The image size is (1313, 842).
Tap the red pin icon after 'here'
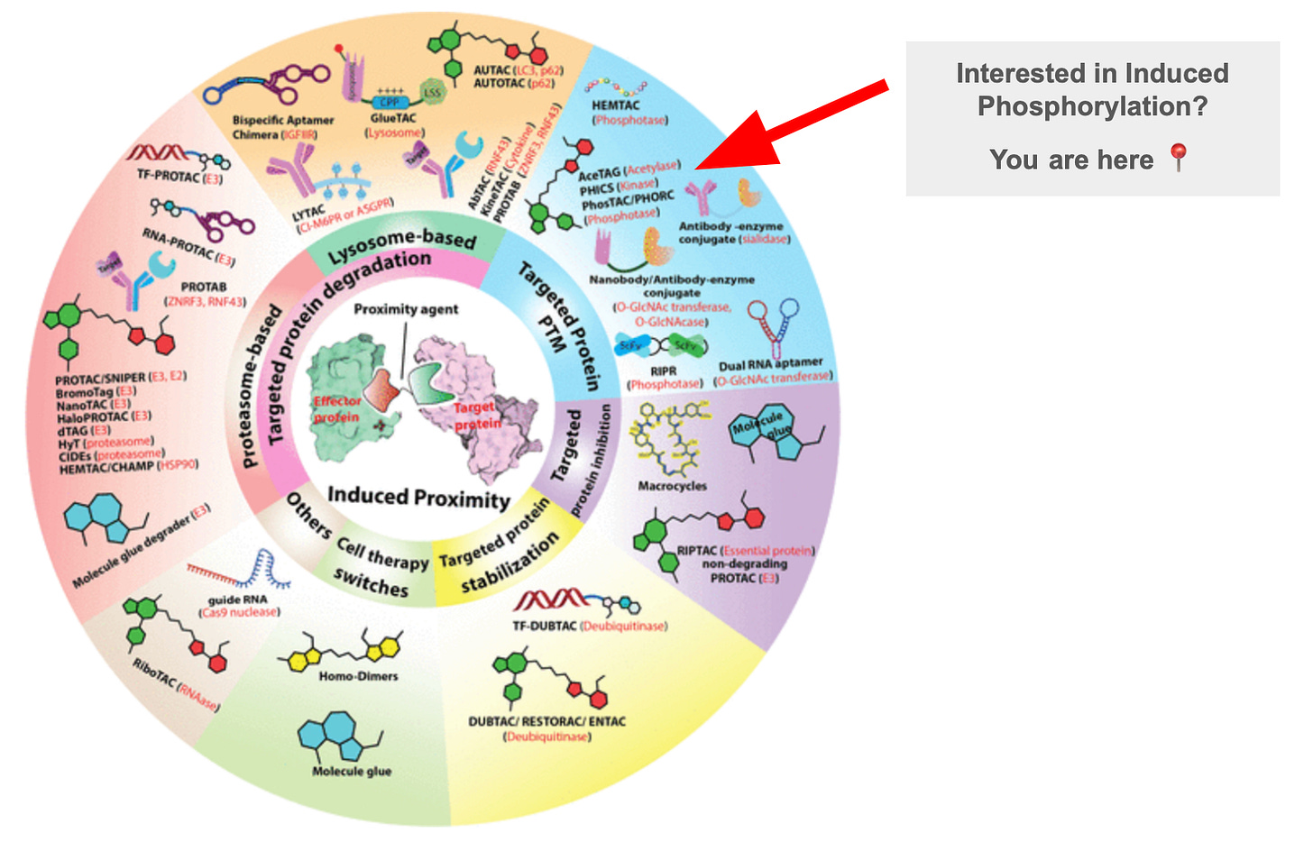click(x=1178, y=158)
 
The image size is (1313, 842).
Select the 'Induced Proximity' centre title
click(x=418, y=496)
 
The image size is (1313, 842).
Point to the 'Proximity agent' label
click(x=406, y=309)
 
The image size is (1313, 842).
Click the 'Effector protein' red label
click(x=336, y=408)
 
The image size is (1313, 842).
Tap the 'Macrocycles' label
click(x=672, y=486)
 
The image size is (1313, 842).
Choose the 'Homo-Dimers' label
click(x=358, y=676)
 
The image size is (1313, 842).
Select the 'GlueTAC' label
click(x=393, y=118)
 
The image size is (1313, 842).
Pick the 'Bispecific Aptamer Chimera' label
click(x=282, y=127)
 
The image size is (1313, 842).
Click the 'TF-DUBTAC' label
click(x=545, y=626)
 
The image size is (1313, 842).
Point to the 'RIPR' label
click(x=663, y=371)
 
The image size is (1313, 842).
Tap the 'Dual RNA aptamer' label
click(x=770, y=364)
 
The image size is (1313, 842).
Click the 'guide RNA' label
click(x=238, y=599)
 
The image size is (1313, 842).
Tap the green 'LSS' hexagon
click(x=433, y=92)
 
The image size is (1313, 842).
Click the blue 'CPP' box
click(x=389, y=102)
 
